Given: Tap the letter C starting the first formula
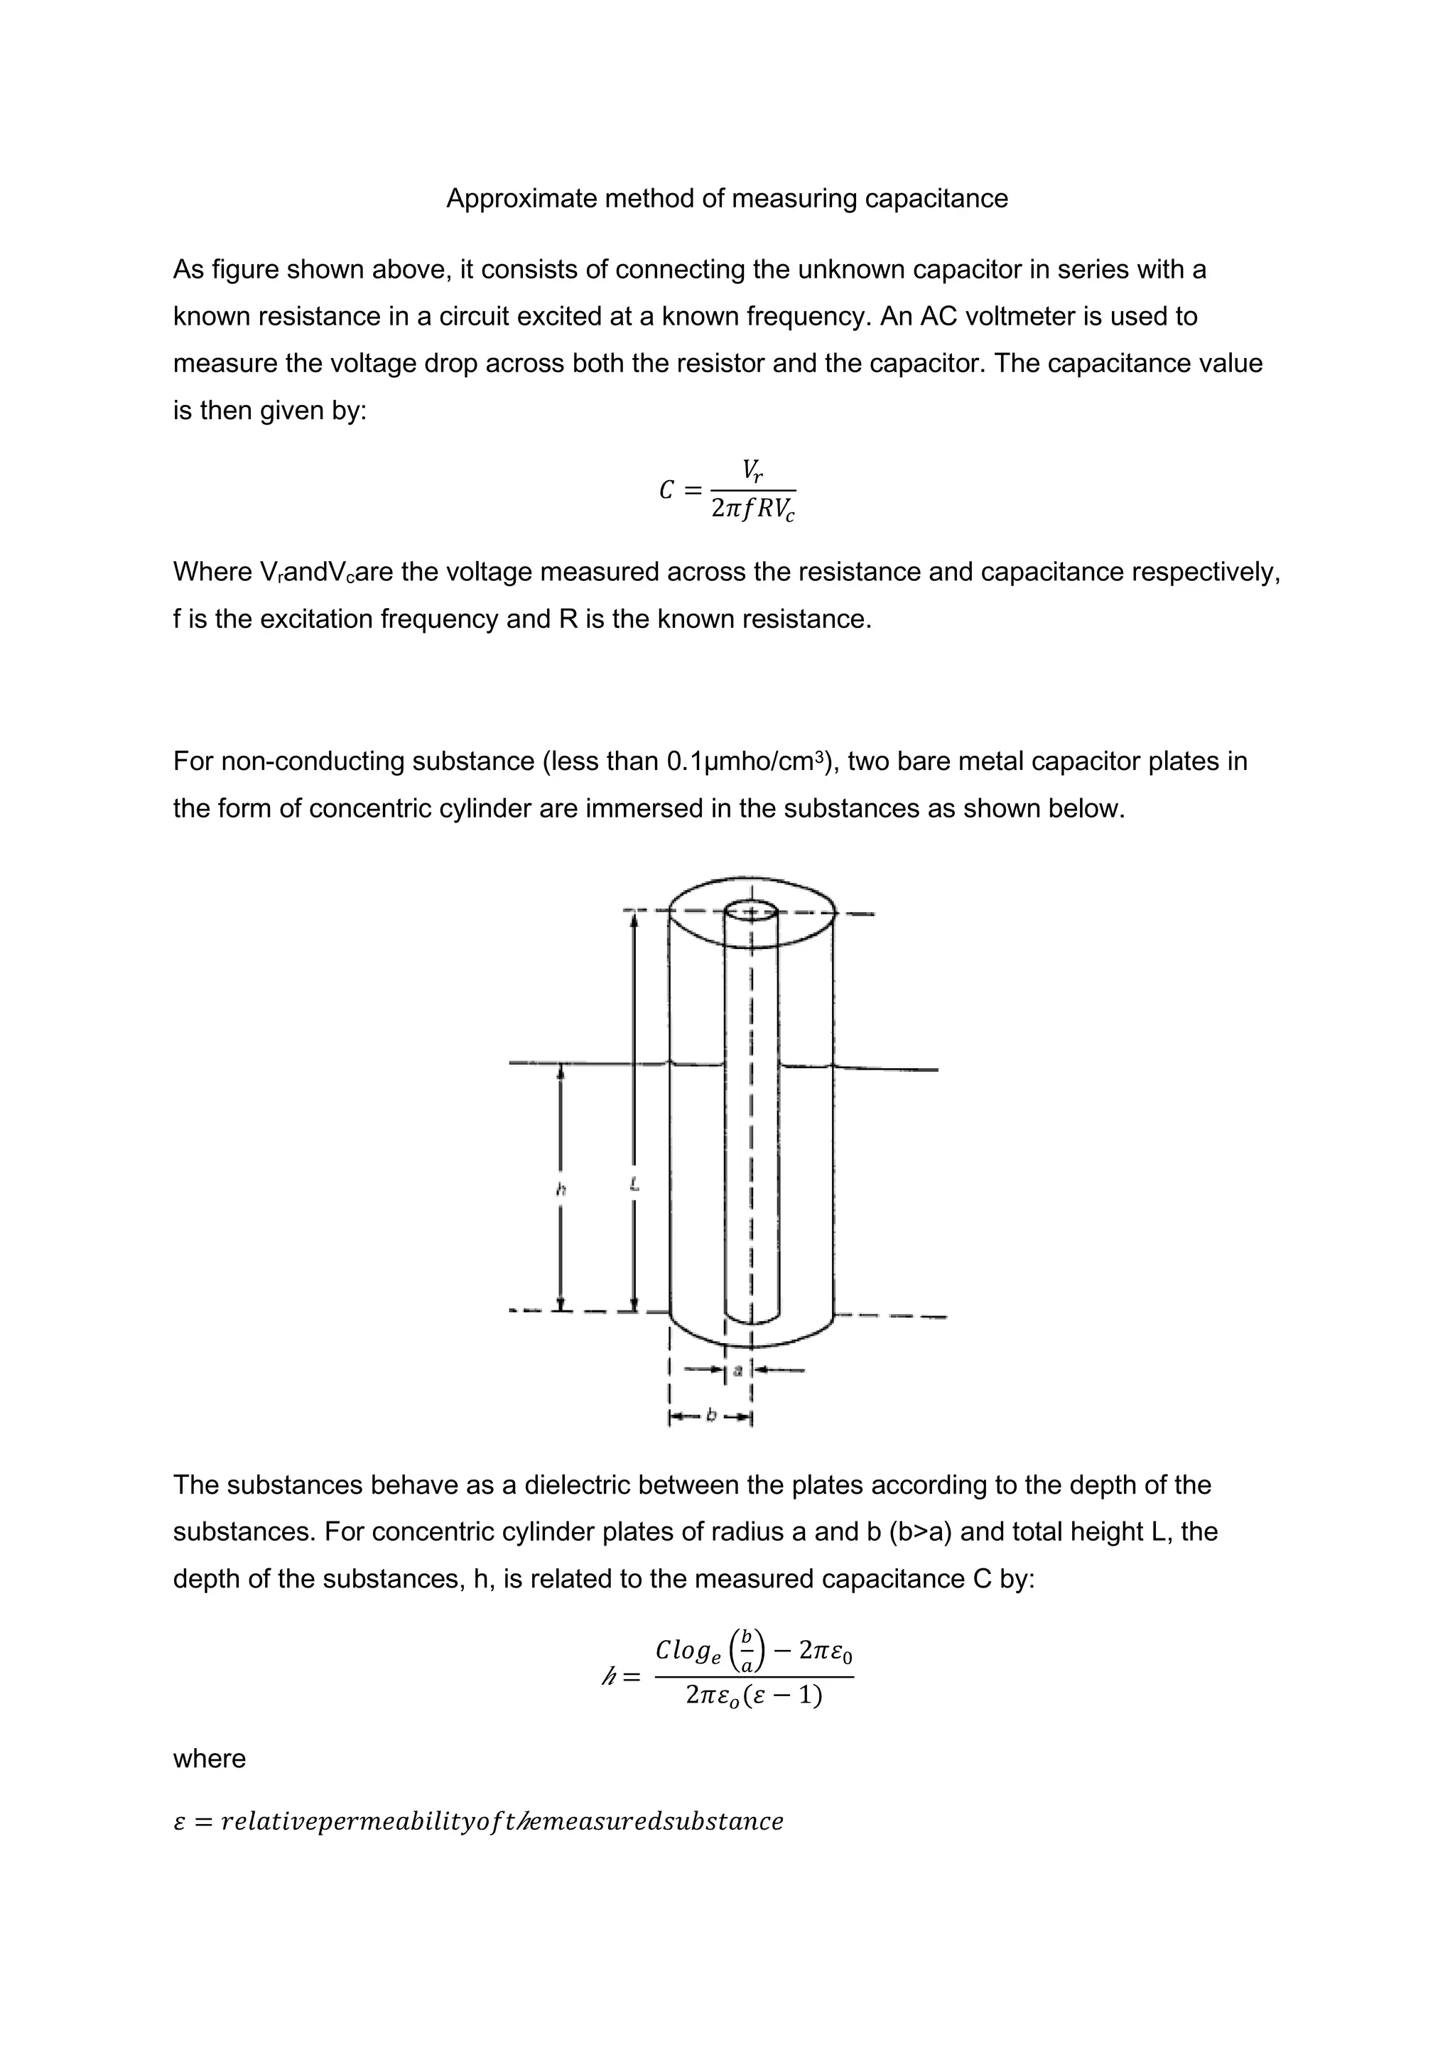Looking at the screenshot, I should click(666, 491).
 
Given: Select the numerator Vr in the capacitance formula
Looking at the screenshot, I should click(752, 470).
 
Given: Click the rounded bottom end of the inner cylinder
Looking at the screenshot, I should click(751, 1317).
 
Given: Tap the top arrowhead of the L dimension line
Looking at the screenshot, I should click(634, 923).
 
